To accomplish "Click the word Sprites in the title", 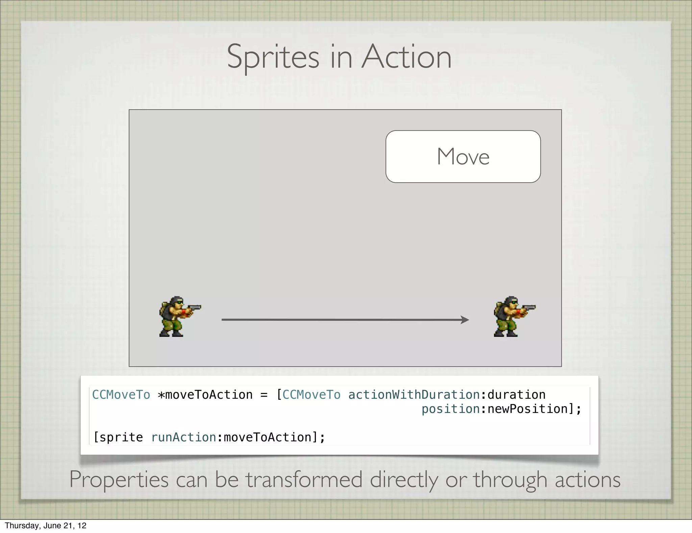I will point(273,57).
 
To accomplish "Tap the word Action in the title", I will point(406,57).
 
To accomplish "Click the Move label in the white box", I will point(463,157).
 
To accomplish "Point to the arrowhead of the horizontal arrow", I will point(466,320).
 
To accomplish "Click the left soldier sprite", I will point(176,317).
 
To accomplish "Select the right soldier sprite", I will point(510,317).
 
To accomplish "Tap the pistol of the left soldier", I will point(194,308).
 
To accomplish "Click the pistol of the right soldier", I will point(529,308).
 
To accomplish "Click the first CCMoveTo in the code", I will point(121,395).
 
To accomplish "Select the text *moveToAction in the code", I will point(205,395).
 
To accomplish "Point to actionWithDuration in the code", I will point(414,395).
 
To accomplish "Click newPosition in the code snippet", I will point(528,409).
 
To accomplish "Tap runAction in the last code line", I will point(183,437).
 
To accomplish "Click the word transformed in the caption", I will point(304,480).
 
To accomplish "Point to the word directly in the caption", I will point(404,480).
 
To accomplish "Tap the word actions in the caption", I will point(588,480).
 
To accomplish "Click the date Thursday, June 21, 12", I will point(46,526).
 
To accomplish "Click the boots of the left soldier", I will point(171,333).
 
